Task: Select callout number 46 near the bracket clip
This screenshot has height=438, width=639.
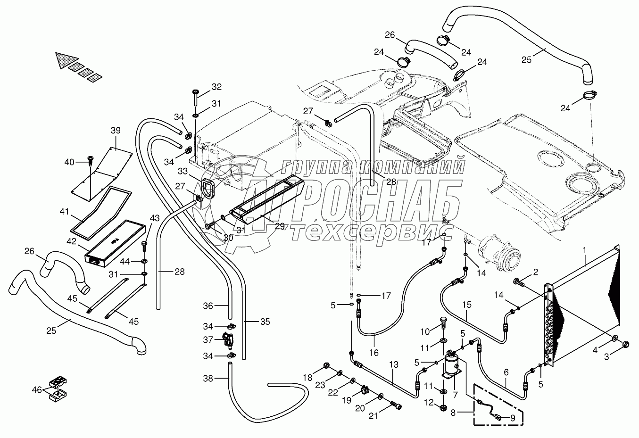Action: coord(37,390)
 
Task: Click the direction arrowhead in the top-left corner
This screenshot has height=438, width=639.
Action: coord(62,59)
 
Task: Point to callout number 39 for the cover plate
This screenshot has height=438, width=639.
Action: coord(116,131)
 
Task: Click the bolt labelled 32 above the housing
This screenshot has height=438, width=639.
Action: coord(196,98)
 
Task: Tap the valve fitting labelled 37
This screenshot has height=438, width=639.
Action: coord(227,339)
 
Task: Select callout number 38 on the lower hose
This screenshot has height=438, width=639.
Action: coord(208,378)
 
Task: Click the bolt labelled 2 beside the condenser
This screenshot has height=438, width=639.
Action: coord(518,282)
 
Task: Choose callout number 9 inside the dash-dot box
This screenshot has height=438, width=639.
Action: coord(512,417)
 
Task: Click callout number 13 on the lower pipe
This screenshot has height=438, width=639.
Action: coord(394,364)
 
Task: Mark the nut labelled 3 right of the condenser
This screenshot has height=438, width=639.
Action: coord(626,344)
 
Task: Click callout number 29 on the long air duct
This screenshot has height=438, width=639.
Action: coord(279,226)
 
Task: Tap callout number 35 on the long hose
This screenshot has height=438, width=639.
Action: coord(265,322)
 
